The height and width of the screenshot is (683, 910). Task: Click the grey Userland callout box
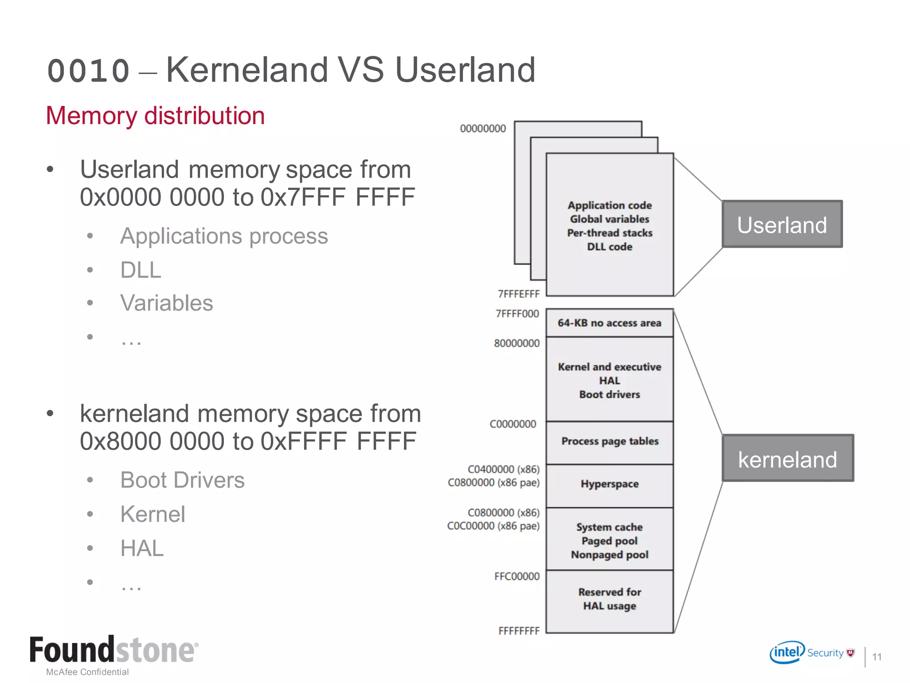pos(782,224)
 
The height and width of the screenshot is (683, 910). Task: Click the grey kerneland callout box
pos(787,458)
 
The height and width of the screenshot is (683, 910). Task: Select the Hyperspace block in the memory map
pos(610,485)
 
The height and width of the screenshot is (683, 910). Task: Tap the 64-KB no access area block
pos(610,323)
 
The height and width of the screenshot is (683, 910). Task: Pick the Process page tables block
pos(610,442)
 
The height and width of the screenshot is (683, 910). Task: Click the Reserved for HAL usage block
pos(610,600)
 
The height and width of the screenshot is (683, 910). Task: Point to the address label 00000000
pos(483,129)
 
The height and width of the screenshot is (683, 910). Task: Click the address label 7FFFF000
pos(517,314)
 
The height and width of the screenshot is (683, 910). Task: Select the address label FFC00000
pos(517,577)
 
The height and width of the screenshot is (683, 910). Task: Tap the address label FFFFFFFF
pos(519,631)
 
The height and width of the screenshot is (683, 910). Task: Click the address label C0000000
pos(513,424)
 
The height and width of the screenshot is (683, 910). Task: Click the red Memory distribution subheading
pos(156,116)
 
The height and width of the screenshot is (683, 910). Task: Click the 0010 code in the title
pos(88,71)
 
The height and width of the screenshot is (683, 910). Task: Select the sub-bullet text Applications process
pos(224,236)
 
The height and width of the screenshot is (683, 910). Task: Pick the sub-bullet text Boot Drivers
pos(182,480)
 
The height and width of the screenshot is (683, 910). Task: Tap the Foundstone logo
pos(114,650)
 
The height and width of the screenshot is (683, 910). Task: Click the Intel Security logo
pos(811,653)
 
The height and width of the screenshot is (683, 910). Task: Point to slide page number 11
pos(877,657)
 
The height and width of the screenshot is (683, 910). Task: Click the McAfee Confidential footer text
pos(88,672)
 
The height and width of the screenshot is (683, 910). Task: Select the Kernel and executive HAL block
pos(610,380)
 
